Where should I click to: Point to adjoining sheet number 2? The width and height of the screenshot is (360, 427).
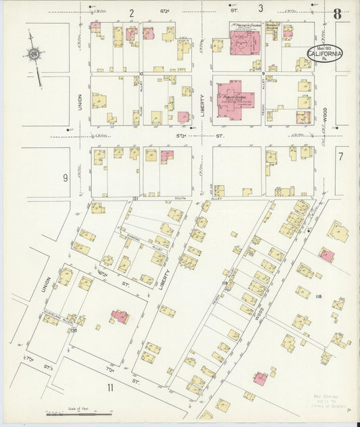(132, 13)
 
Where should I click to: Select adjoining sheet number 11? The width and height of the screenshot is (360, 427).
(109, 387)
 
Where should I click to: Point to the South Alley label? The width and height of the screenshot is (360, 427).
(180, 198)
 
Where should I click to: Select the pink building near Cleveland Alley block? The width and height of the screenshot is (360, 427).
(120, 316)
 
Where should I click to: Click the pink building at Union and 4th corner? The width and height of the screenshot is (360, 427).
(96, 27)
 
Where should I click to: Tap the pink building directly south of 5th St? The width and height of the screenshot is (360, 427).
(167, 156)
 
